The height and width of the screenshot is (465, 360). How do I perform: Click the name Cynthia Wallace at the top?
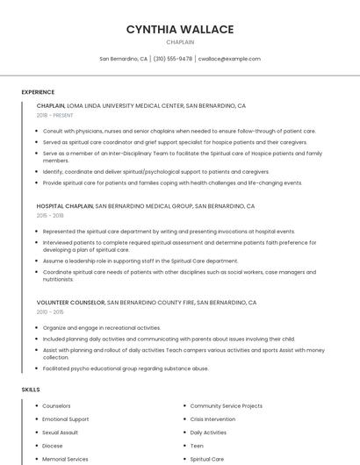(x=180, y=29)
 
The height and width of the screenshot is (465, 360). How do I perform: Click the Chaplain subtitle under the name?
(x=180, y=41)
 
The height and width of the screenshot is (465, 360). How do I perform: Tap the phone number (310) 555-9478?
(x=173, y=59)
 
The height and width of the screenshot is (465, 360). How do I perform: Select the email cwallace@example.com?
(x=229, y=59)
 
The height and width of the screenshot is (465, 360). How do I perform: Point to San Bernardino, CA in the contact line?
(x=123, y=59)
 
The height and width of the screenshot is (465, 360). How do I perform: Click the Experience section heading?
(x=38, y=92)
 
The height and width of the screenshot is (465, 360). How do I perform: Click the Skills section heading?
(x=31, y=389)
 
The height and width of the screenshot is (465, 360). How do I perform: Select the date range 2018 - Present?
(x=54, y=115)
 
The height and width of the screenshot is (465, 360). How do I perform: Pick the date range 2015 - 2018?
(x=50, y=215)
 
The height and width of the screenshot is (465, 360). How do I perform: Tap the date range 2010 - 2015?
(x=50, y=311)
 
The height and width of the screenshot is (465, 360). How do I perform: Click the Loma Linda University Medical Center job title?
(x=141, y=105)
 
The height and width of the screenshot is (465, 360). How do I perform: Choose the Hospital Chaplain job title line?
(x=146, y=206)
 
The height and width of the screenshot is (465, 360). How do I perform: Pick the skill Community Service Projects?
(x=227, y=406)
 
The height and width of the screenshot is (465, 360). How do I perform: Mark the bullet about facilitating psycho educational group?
(x=126, y=368)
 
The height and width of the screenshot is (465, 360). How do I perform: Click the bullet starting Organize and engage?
(x=102, y=327)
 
